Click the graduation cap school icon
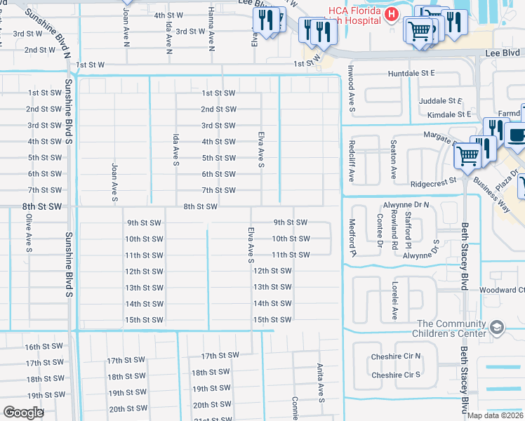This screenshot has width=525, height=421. pos(497,328)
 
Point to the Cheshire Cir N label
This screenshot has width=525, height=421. pos(396,356)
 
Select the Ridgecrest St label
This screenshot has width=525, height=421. pos(433,180)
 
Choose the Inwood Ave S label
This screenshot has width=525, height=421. pos(352,89)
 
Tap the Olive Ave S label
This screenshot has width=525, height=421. pos(29,232)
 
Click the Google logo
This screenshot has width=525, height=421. pos(23,413)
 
